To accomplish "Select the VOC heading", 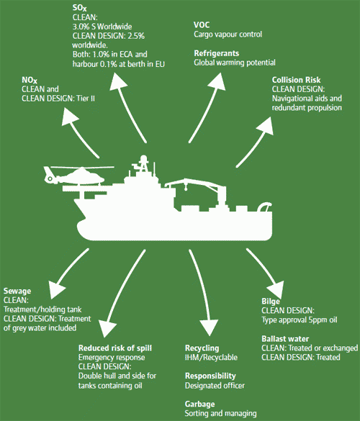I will click(x=202, y=24).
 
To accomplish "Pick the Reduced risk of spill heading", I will click(x=115, y=348).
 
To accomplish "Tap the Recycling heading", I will click(x=202, y=348).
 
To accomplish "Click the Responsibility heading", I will click(x=210, y=376).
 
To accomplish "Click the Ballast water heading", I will click(x=285, y=338).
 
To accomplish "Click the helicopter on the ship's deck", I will click(x=66, y=176).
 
